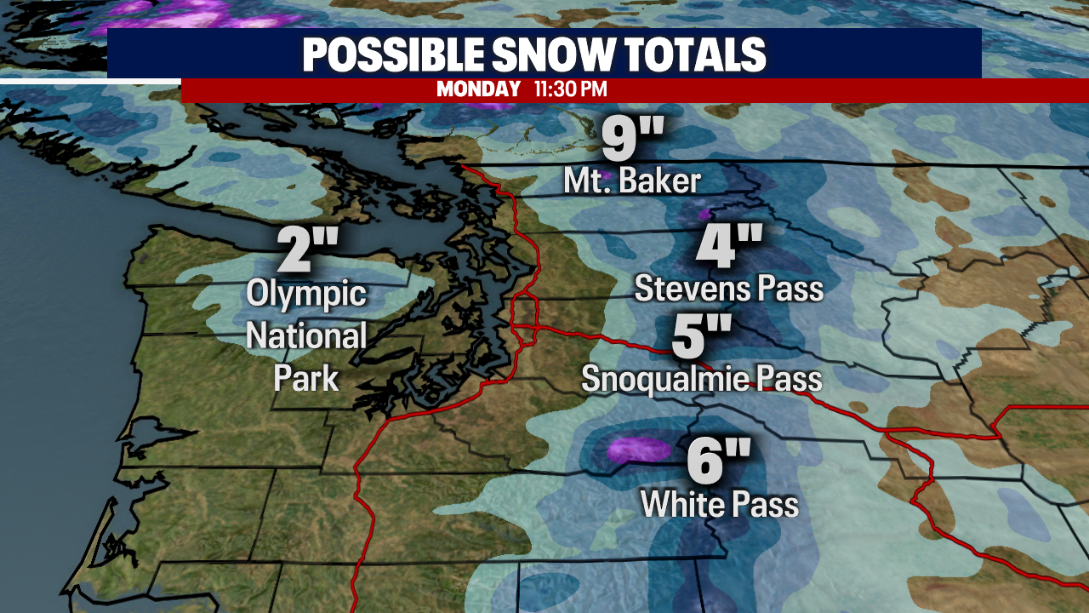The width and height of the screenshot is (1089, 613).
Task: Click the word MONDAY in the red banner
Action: (x=478, y=89)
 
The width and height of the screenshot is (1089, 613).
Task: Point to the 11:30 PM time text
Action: (x=570, y=89)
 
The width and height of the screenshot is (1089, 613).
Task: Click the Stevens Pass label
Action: (x=729, y=289)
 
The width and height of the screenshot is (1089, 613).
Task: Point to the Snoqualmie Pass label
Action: (x=701, y=379)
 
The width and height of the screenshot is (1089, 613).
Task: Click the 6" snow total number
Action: (x=719, y=463)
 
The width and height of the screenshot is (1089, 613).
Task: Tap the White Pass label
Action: (x=719, y=505)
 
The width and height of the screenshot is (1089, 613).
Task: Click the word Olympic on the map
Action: (x=306, y=295)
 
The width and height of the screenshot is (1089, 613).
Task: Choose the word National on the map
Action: (x=306, y=336)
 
